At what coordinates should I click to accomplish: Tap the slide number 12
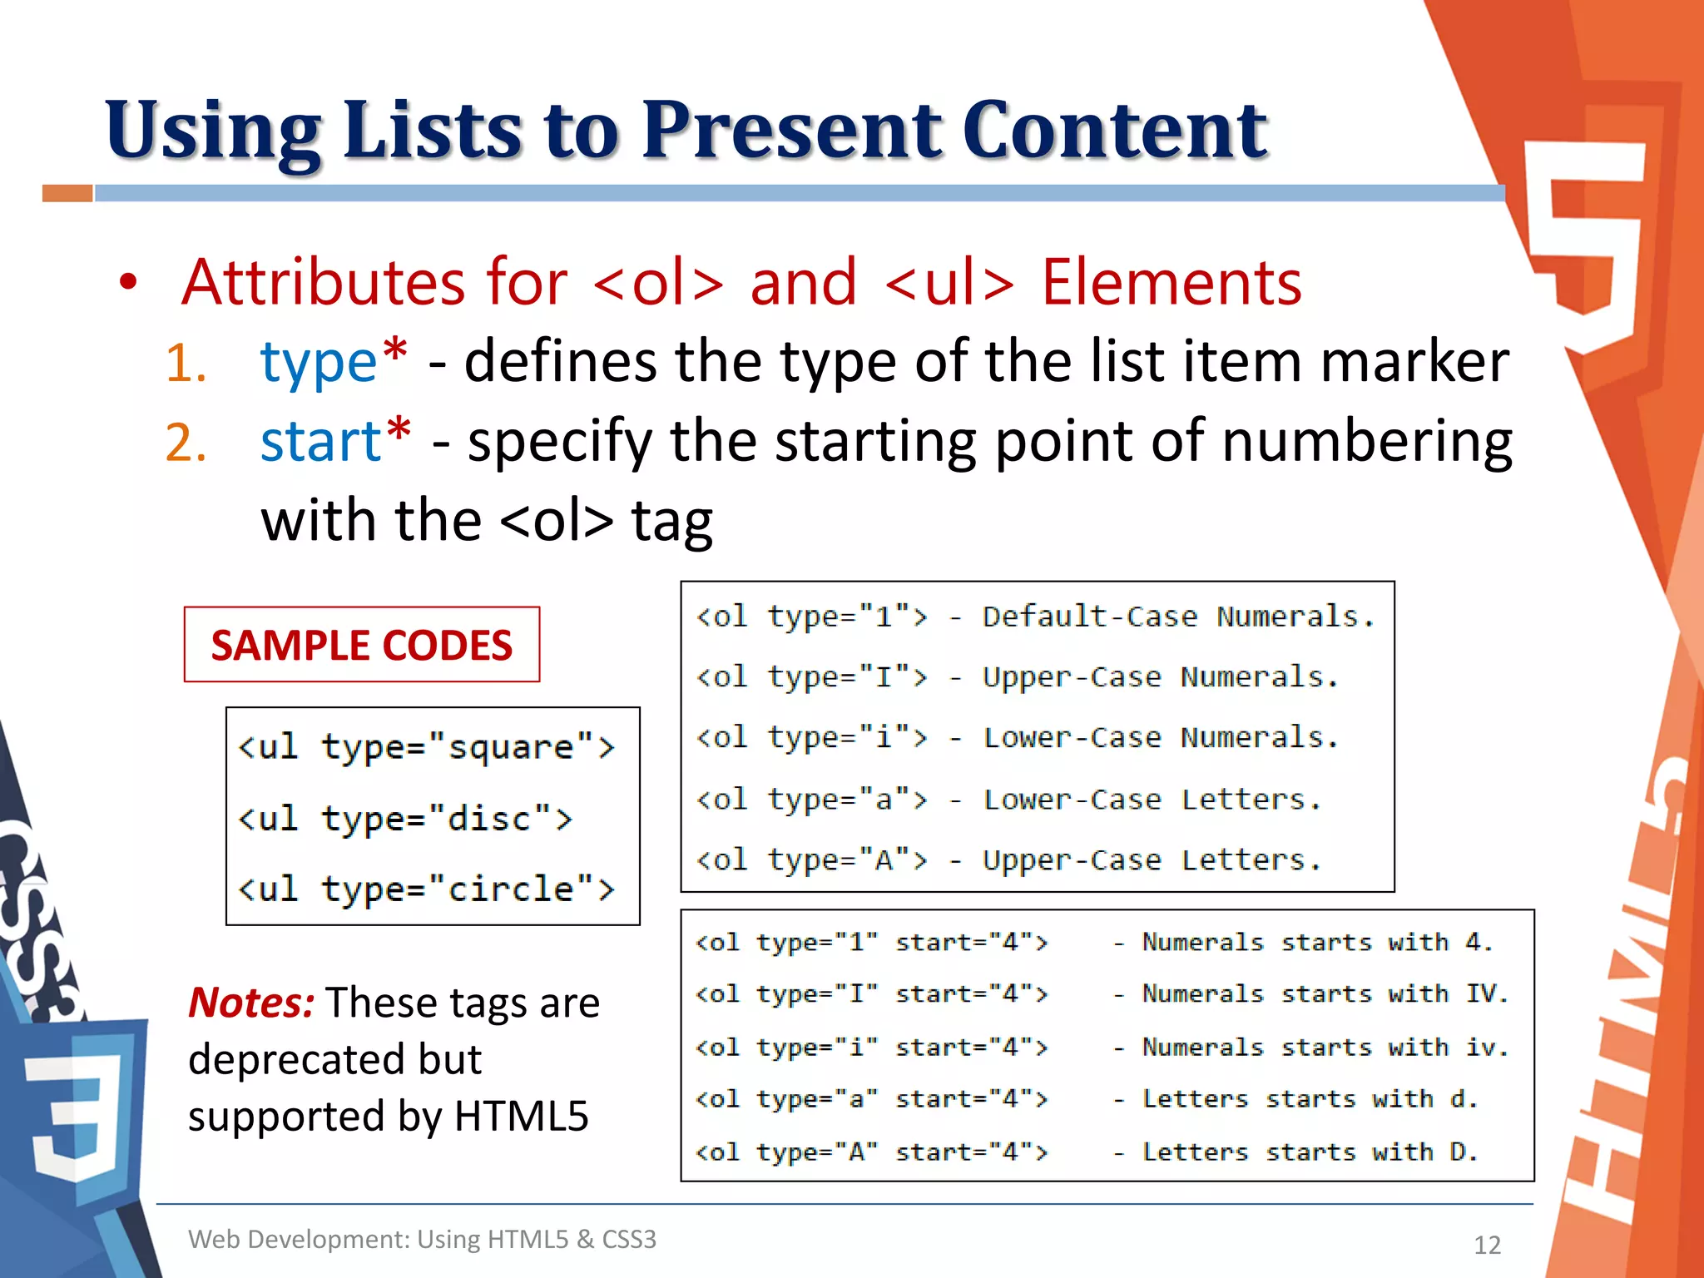(x=1487, y=1245)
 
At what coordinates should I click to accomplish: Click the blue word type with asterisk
(x=334, y=362)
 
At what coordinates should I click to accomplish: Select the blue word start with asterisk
(x=335, y=440)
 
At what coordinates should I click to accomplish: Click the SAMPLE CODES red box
(x=362, y=645)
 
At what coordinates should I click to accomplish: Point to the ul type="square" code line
(x=426, y=747)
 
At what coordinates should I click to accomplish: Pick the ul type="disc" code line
(x=405, y=819)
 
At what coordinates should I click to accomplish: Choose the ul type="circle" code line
(x=426, y=889)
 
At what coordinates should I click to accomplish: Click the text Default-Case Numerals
(x=1177, y=617)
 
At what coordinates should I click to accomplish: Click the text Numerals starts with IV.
(x=1325, y=993)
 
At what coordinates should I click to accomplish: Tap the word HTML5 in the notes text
(x=521, y=1116)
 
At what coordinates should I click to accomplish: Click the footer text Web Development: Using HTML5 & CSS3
(x=422, y=1239)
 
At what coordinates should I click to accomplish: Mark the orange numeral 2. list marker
(x=186, y=442)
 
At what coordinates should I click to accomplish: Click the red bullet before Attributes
(x=127, y=282)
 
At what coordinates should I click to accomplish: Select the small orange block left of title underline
(x=67, y=194)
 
